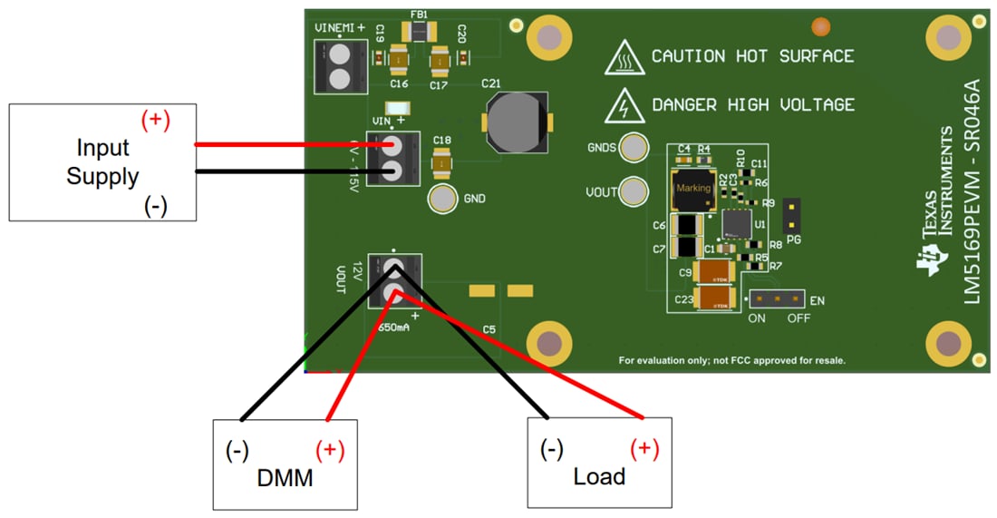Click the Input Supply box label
click(x=102, y=161)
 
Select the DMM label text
click(x=284, y=476)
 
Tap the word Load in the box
click(x=599, y=475)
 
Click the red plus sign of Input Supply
click(x=156, y=120)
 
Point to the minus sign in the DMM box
click(x=237, y=451)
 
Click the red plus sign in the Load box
click(x=644, y=447)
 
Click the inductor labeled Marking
click(x=693, y=188)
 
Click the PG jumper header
click(x=792, y=214)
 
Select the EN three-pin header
click(x=776, y=298)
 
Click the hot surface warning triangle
click(x=624, y=58)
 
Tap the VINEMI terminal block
click(x=334, y=66)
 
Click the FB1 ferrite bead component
click(x=420, y=32)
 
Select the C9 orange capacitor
click(x=716, y=271)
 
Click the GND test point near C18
click(x=443, y=198)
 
